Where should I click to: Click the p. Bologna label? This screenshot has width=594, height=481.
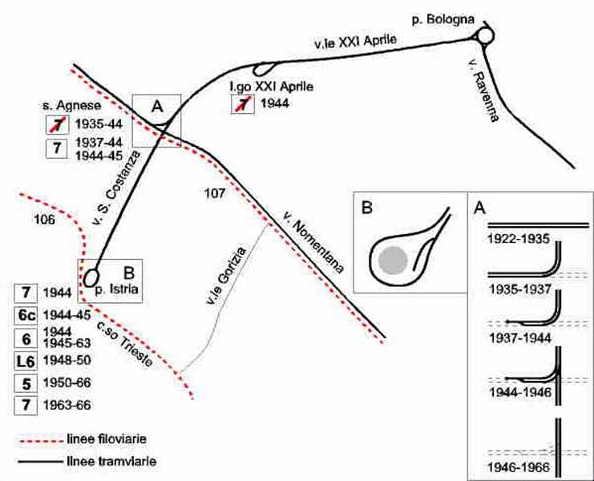(442, 19)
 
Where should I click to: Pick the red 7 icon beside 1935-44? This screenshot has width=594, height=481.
(57, 124)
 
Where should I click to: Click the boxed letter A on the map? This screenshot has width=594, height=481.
(157, 107)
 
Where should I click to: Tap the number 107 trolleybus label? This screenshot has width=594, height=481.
(214, 193)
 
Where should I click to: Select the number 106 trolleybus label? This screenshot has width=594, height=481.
(44, 220)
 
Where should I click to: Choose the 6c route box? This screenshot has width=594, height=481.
(26, 316)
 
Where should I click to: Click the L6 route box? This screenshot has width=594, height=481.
(26, 362)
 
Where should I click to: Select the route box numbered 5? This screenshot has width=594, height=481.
(26, 384)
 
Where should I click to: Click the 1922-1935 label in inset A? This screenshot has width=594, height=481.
(519, 240)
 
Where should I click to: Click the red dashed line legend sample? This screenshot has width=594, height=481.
(40, 441)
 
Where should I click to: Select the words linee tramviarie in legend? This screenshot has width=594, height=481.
(111, 461)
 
